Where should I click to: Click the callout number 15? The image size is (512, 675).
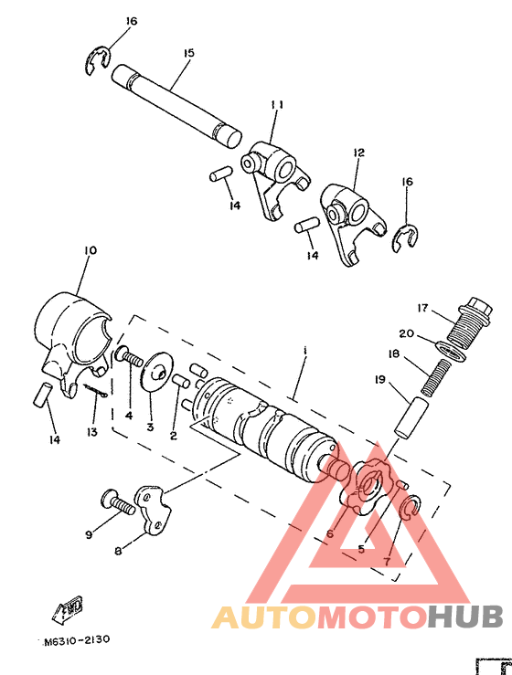pos(188,54)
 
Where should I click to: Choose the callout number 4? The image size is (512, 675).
pos(129,416)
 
